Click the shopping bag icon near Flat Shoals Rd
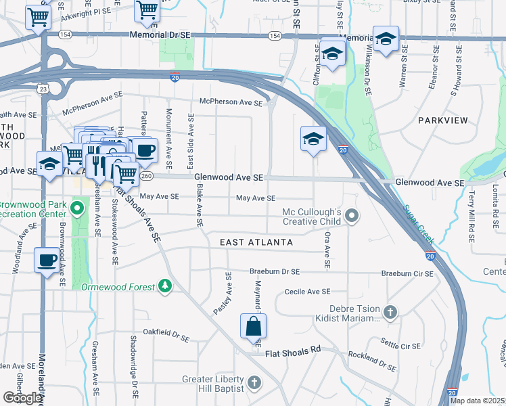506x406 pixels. click(x=253, y=327)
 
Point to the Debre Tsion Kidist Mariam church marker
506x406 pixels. click(x=390, y=312)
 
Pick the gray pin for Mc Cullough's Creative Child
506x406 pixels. click(x=351, y=217)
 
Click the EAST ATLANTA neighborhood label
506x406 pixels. click(x=256, y=242)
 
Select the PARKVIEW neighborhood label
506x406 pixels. click(x=442, y=120)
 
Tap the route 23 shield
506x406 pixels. click(x=43, y=89)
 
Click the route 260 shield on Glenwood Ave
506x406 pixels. click(x=146, y=177)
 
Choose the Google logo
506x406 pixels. click(x=23, y=398)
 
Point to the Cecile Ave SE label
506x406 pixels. click(x=307, y=292)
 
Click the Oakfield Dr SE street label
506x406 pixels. click(x=166, y=334)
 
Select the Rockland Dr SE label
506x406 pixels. click(x=372, y=361)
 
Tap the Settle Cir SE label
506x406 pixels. click(x=400, y=345)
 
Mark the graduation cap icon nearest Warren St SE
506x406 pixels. click(x=386, y=39)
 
